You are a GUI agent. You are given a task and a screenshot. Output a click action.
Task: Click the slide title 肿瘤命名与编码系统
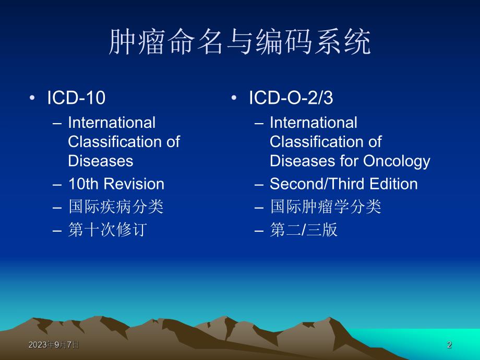[240, 43]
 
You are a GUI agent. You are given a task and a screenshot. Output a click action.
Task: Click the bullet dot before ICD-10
[33, 99]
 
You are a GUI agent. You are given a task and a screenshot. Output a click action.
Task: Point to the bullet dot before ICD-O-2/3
[234, 99]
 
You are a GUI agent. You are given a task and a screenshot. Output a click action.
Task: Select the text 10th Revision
[116, 184]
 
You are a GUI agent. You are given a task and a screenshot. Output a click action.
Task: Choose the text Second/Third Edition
[343, 184]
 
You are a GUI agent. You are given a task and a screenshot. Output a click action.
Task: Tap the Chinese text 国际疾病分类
[116, 207]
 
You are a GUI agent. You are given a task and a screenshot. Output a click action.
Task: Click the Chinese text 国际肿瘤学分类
[326, 207]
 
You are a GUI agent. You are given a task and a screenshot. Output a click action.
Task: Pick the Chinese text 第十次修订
[106, 230]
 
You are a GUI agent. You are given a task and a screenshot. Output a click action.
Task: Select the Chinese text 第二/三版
[304, 230]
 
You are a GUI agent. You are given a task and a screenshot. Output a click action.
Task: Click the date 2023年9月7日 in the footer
[54, 345]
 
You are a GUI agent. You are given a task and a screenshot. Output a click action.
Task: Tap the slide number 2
[449, 345]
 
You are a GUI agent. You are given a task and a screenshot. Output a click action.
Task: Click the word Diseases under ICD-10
[101, 161]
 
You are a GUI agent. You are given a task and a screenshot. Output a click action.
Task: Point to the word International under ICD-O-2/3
[314, 123]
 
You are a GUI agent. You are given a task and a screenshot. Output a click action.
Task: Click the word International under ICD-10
[112, 123]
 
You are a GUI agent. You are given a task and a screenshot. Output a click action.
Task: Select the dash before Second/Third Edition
[259, 184]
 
